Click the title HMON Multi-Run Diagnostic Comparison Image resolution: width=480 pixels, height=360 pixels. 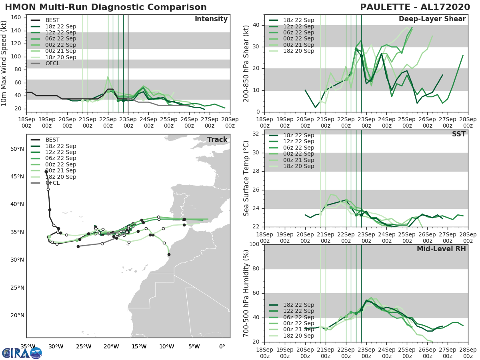[106, 7]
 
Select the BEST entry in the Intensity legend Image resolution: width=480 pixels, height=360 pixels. [52, 20]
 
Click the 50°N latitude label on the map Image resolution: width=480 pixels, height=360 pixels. [17, 149]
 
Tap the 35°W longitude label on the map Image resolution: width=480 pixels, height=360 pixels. [28, 346]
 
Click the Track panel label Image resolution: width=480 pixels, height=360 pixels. [217, 140]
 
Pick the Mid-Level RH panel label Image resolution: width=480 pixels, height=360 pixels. [441, 249]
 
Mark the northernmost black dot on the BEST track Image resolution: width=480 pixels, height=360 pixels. [46, 172]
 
